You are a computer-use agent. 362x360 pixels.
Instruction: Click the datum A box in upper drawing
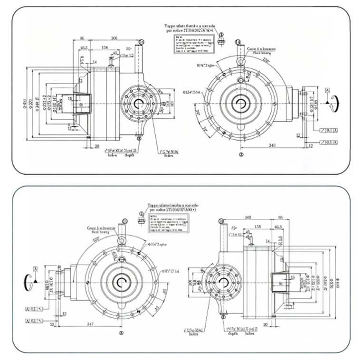(x=326, y=90)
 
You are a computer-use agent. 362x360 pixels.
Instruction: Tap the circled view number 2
(x=241, y=154)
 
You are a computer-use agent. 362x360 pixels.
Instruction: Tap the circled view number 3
(x=121, y=333)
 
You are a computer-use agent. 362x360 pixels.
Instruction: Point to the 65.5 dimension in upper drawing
(x=84, y=48)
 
